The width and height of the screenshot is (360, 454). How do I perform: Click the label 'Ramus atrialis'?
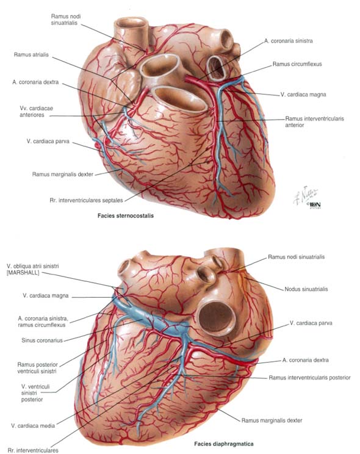point(31,55)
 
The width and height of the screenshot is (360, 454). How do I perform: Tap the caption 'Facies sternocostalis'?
point(126,215)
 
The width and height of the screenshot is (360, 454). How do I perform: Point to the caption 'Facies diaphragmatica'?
point(223,444)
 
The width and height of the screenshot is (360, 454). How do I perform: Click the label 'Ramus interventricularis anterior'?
point(314,121)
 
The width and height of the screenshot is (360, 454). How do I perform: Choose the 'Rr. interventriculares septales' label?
point(86,200)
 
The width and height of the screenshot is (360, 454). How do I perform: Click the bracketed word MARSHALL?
point(23,272)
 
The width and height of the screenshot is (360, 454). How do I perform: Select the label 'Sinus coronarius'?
point(42,340)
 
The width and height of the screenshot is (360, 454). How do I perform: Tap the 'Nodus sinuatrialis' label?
point(306,289)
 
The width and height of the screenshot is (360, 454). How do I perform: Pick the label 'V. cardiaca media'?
point(33,426)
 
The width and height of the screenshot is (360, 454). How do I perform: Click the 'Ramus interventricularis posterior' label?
point(309,378)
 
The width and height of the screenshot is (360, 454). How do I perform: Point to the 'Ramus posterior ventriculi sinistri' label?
point(38,368)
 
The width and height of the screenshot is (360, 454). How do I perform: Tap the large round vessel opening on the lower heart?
point(217,318)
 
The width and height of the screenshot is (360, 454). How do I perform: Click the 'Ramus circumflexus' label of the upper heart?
point(297,64)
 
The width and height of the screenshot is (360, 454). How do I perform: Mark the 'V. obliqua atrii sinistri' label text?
point(33,266)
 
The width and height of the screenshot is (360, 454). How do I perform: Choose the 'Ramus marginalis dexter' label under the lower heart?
point(272,420)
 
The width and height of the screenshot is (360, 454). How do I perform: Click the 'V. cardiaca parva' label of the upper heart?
point(48,142)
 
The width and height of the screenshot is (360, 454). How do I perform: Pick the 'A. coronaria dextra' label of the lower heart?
point(306,360)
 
